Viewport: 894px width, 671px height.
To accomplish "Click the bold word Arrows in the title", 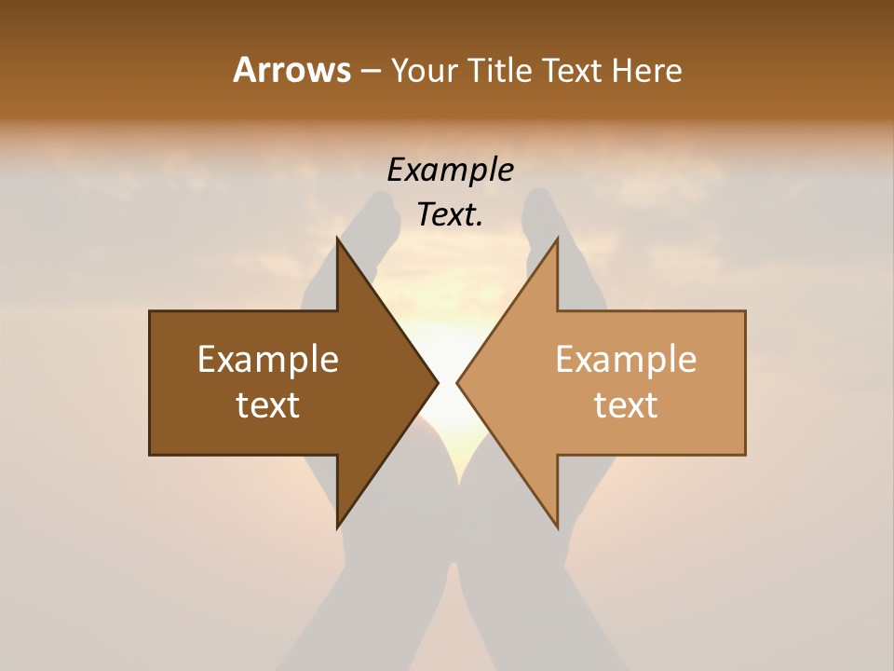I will [x=291, y=70].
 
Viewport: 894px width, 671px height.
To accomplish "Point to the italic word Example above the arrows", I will [x=451, y=171].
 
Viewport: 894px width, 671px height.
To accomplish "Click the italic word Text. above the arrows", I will [x=451, y=214].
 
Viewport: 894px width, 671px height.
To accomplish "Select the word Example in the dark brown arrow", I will [x=268, y=360].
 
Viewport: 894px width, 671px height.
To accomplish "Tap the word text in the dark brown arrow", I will [x=268, y=405].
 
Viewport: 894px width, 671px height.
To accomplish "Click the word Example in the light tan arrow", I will [x=626, y=360].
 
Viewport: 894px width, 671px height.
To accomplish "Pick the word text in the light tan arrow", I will [x=626, y=405].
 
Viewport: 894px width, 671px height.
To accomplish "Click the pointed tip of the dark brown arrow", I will [x=438, y=382].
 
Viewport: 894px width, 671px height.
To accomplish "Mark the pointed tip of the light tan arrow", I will [x=457, y=382].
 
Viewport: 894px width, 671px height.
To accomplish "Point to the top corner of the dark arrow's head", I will [x=337, y=239].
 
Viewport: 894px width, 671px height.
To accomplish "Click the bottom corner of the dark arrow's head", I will [x=337, y=527].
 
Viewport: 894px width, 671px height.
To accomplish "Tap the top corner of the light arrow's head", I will [x=558, y=239].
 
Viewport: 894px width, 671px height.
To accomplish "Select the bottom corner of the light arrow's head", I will [x=558, y=527].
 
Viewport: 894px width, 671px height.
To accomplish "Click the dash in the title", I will [x=370, y=71].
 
